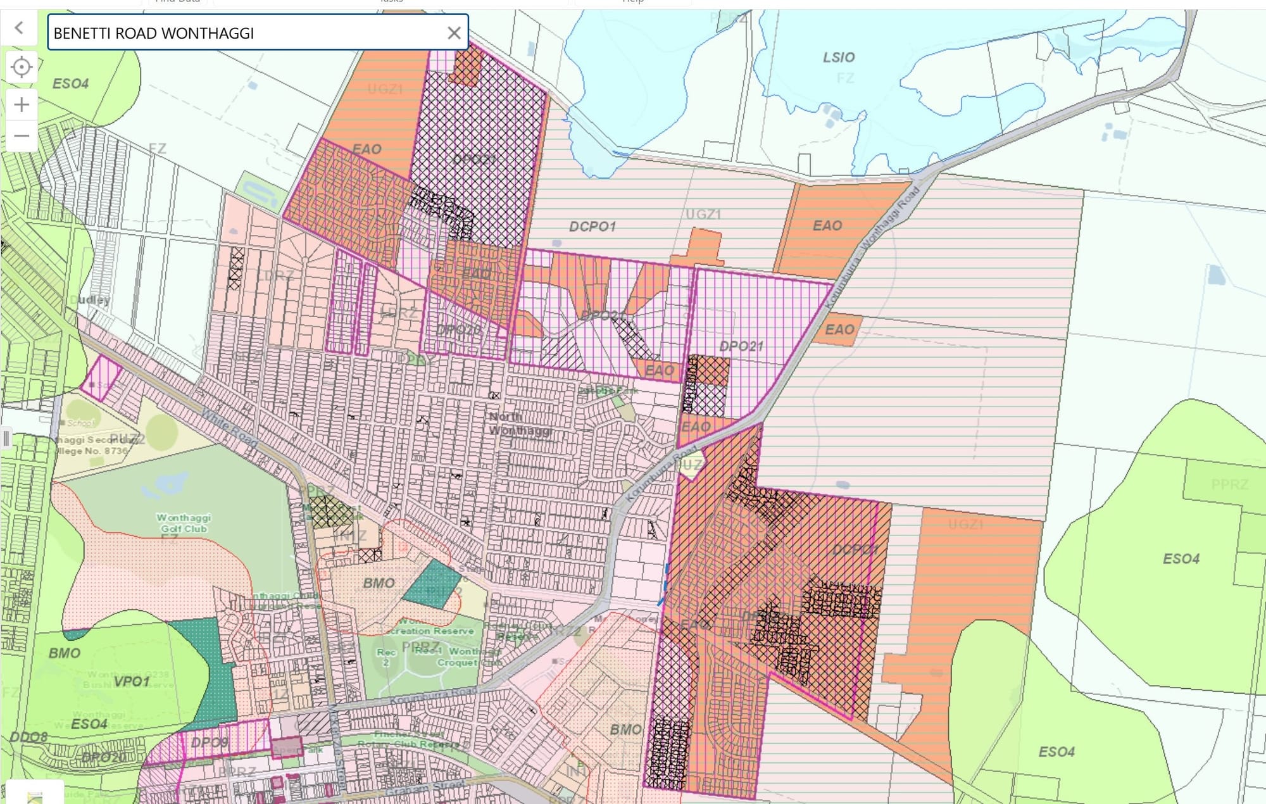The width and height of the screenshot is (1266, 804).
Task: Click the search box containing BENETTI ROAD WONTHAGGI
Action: pyautogui.click(x=247, y=33)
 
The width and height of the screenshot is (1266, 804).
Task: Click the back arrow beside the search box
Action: pyautogui.click(x=19, y=28)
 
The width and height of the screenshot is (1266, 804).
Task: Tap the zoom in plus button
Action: pyautogui.click(x=22, y=104)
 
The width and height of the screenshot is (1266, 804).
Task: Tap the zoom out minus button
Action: pyautogui.click(x=22, y=135)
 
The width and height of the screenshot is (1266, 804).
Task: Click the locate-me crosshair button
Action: pyautogui.click(x=22, y=66)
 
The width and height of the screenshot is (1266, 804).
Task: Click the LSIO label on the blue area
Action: pyautogui.click(x=839, y=58)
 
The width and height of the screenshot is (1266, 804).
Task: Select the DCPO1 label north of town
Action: pyautogui.click(x=592, y=227)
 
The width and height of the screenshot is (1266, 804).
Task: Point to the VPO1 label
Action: pyautogui.click(x=132, y=682)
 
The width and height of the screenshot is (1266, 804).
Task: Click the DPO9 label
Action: pyautogui.click(x=210, y=742)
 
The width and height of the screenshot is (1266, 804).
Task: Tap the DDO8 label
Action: pyautogui.click(x=28, y=737)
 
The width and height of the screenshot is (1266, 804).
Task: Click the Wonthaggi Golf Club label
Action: pyautogui.click(x=184, y=523)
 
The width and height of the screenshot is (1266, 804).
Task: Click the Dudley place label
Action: pyautogui.click(x=92, y=299)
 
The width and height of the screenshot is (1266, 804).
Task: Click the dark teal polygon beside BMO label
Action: pyautogui.click(x=432, y=584)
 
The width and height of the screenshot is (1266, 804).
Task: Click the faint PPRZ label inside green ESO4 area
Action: pyautogui.click(x=1229, y=485)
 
